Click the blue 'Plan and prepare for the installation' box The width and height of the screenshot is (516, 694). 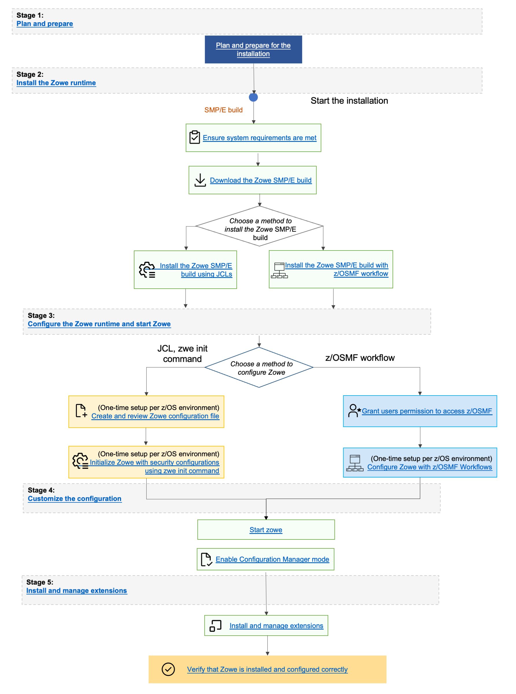(x=253, y=49)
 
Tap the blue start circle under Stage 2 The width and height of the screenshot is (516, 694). (x=253, y=97)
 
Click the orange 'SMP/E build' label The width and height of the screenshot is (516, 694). (x=223, y=110)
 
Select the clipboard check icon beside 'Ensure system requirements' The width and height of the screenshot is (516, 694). (x=195, y=137)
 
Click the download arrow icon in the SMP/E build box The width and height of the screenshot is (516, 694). (x=200, y=180)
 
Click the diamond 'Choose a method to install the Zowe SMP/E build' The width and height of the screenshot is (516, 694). (x=259, y=226)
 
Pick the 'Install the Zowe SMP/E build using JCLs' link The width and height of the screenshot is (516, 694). (x=196, y=270)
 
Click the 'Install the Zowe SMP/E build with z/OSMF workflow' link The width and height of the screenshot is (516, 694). (x=336, y=269)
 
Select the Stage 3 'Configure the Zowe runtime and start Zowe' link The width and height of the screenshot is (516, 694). (x=99, y=324)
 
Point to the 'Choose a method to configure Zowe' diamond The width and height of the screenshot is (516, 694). (x=259, y=368)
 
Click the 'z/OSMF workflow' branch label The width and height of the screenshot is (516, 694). (x=360, y=358)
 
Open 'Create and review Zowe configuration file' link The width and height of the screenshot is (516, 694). (x=155, y=416)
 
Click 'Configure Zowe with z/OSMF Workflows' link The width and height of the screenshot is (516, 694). (x=430, y=467)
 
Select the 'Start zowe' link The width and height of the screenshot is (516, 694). (x=266, y=530)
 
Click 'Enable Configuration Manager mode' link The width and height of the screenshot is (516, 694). (x=272, y=559)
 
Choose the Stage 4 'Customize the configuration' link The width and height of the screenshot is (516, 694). (x=74, y=498)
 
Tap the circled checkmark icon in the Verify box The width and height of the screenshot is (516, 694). (x=168, y=669)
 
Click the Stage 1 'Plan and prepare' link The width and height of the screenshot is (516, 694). (x=45, y=24)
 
